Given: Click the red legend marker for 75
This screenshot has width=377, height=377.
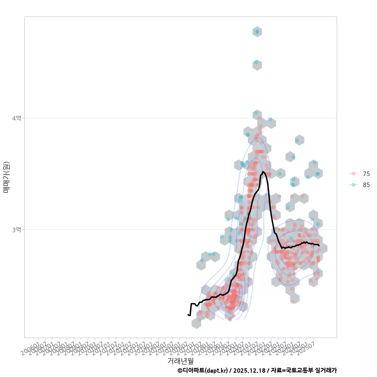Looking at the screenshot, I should tap(353, 174).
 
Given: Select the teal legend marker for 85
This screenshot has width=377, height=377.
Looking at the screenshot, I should tap(353, 185).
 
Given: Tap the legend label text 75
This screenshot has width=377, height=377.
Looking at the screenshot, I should tap(366, 174).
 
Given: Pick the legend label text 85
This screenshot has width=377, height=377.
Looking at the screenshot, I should tap(366, 185).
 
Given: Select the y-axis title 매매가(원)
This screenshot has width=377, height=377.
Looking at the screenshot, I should tap(6, 177).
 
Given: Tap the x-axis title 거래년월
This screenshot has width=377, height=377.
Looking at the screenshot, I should tap(180, 361).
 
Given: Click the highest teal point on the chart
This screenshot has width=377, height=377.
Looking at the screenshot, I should tap(257, 31).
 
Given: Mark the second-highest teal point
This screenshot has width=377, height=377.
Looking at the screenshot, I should tap(256, 62).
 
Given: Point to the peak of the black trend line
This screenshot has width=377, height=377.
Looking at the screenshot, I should tap(263, 172).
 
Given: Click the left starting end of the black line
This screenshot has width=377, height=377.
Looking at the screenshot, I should tap(188, 315).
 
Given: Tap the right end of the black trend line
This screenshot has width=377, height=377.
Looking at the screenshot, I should tap(319, 246).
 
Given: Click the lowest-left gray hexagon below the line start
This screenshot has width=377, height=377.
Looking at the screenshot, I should tap(196, 323).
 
